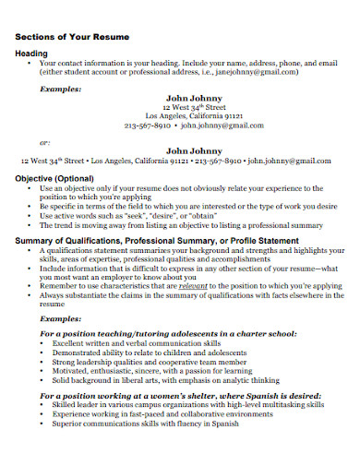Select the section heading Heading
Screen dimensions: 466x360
coord(32,54)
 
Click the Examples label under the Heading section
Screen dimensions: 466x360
coord(61,90)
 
